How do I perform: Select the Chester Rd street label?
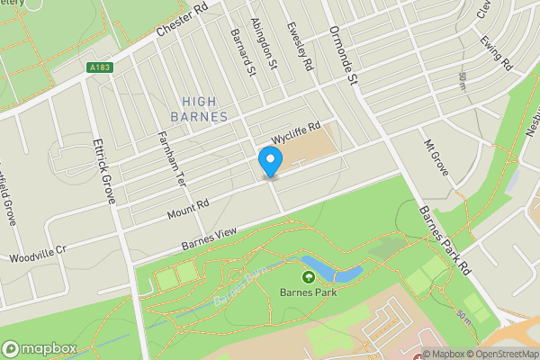coord(182,19)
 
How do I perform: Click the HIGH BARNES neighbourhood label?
coord(199,109)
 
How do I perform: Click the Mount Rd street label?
coord(188,209)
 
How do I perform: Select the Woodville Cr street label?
coord(37,254)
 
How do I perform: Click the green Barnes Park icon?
coord(308,278)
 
